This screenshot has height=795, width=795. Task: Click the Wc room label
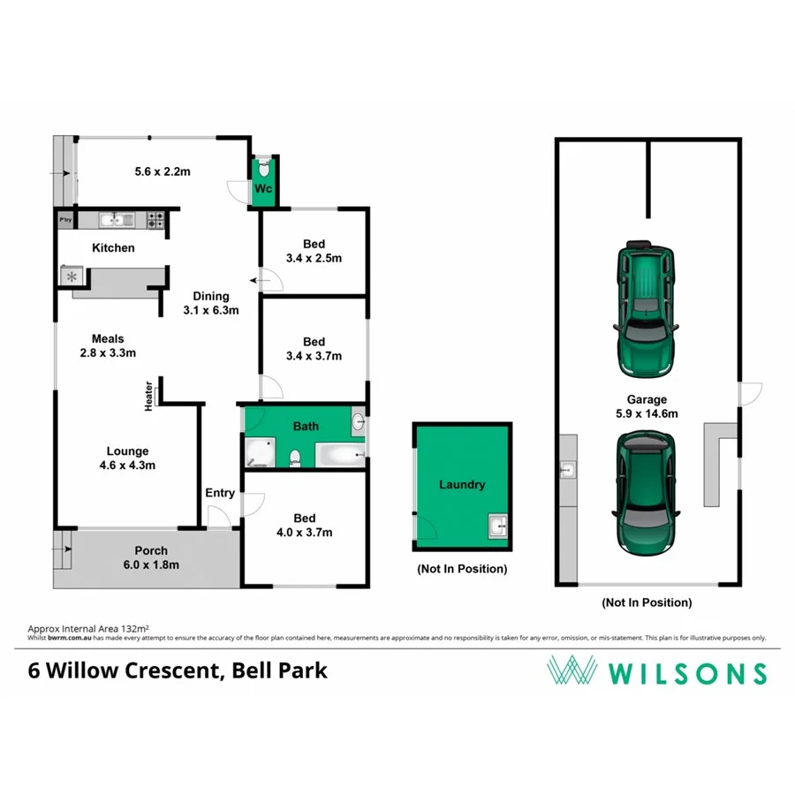263,189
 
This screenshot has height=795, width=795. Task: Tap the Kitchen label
114,248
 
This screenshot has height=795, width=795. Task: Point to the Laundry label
462,485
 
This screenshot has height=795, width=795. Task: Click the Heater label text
149,396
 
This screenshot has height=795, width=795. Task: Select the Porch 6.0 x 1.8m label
150,557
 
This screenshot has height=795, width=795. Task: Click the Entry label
220,493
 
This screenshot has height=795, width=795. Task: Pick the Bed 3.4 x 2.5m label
314,251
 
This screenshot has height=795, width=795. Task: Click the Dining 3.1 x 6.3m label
211,303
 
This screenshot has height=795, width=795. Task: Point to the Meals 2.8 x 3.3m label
107,345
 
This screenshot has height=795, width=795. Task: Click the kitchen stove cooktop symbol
156,220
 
